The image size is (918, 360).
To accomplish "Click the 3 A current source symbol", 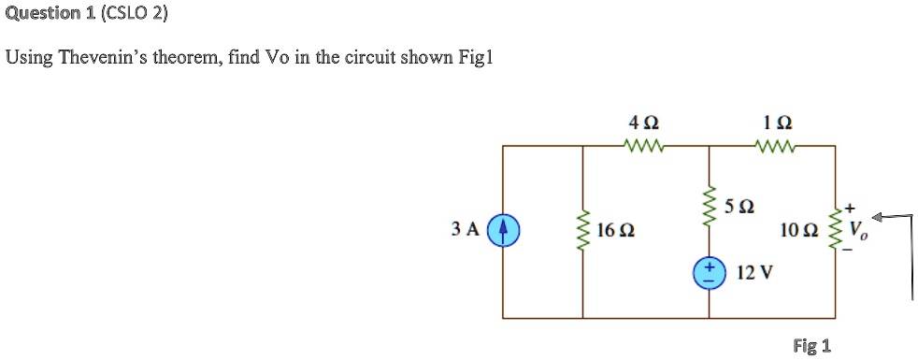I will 503,229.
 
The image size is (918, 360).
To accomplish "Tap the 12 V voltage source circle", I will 708,272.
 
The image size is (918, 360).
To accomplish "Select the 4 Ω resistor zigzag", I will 643,145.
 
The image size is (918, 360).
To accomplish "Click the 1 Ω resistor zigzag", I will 779,145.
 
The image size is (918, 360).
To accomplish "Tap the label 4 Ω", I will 644,122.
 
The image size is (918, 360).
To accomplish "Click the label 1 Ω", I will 778,122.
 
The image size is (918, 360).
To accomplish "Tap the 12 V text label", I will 754,273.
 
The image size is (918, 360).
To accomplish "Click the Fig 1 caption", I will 810,346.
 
